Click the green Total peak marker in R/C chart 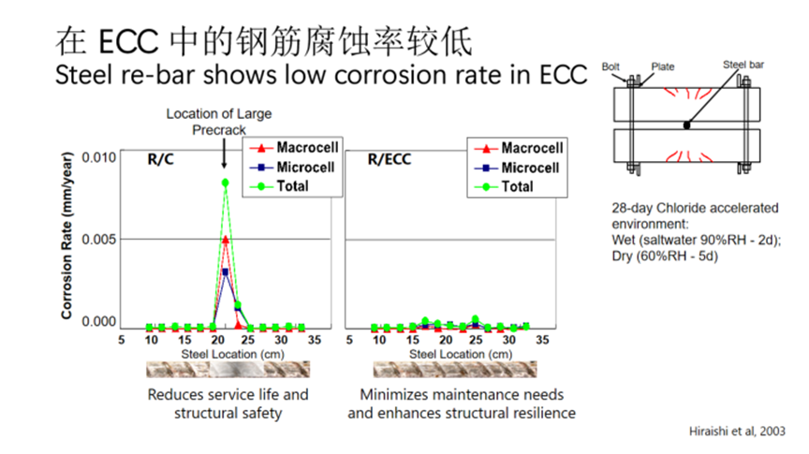click(225, 183)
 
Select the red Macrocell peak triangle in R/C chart click(225, 240)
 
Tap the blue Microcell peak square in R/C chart click(225, 272)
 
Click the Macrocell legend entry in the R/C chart click(293, 148)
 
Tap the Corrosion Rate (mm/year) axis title click(67, 238)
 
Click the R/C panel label click(160, 160)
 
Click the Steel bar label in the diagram click(743, 65)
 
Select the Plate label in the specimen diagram click(662, 66)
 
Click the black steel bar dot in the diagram click(688, 124)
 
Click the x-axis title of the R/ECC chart click(448, 354)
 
